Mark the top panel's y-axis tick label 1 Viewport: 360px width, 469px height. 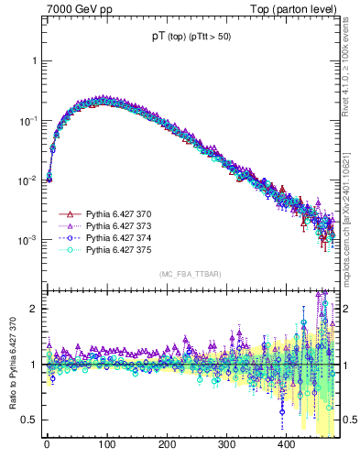tap(34, 60)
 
